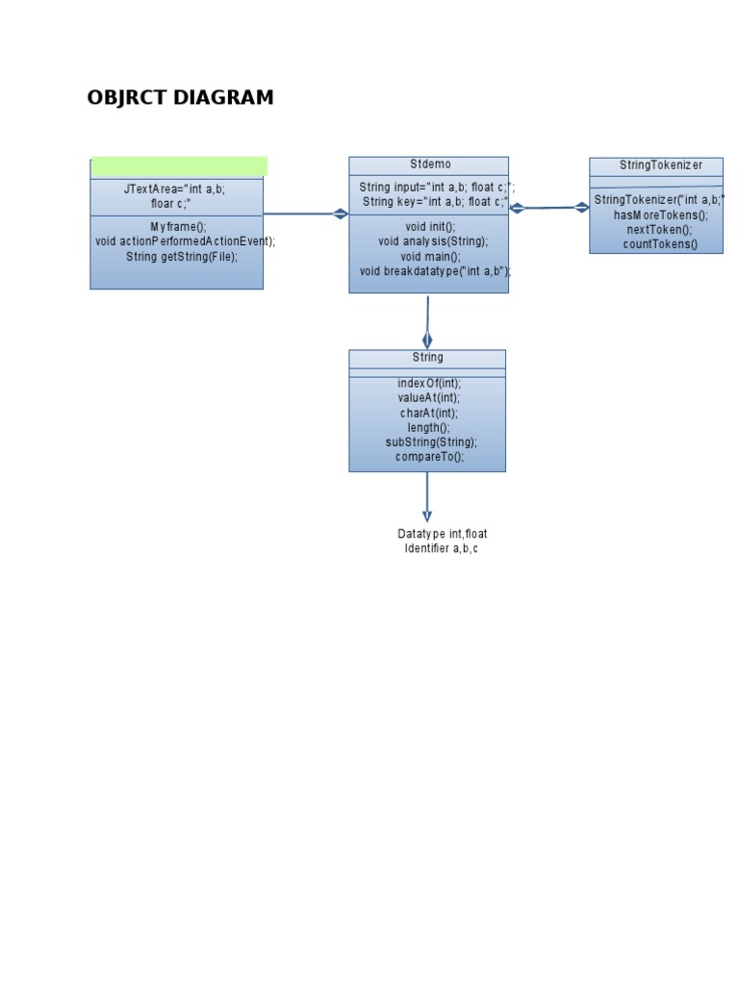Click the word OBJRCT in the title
[126, 97]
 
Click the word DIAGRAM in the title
[223, 97]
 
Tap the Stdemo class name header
[430, 164]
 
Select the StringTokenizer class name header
[660, 165]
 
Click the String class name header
[427, 358]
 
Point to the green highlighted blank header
[179, 166]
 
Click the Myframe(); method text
[178, 227]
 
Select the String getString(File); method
[182, 256]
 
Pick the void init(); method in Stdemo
[430, 227]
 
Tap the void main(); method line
[430, 256]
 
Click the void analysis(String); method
[433, 241]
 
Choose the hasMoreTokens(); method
[660, 215]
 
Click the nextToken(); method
[659, 229]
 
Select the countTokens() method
[660, 244]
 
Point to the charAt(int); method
[429, 413]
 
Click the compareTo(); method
[430, 457]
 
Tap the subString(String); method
[431, 442]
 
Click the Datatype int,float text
[443, 533]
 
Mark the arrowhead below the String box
[427, 517]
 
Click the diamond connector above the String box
[427, 340]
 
